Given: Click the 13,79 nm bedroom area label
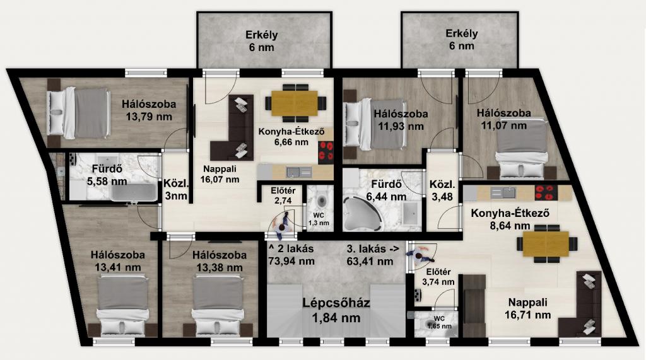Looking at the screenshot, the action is pos(149,117).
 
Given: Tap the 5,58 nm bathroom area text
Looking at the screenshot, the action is pos(107,181).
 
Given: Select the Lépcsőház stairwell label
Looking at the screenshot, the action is pos(336,303).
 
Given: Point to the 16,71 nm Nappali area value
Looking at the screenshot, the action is pos(528,315).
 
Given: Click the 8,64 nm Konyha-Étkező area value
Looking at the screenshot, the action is pos(510,226).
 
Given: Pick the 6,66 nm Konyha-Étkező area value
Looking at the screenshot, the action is pos(291,142).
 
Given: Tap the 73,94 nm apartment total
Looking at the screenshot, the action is pos(291,261).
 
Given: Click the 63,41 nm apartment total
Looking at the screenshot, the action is pos(370,261).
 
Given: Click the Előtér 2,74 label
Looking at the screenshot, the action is pos(283,195).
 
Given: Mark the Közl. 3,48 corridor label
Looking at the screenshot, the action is pos(442,190).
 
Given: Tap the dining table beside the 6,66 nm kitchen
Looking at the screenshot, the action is pos(294,103).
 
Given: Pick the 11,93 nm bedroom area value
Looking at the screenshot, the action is pos(401,126).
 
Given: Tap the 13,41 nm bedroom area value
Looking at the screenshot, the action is pos(118,267).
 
